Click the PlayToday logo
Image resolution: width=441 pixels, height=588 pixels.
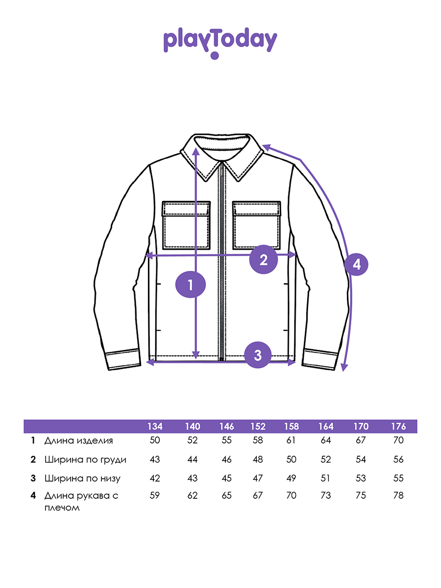(220, 43)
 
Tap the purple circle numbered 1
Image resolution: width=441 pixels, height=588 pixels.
(191, 285)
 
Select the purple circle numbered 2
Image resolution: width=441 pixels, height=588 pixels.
(264, 259)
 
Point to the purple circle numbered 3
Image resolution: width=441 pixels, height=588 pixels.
(258, 355)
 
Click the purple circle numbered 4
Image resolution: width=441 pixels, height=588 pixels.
(356, 265)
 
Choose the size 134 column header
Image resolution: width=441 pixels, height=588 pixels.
(155, 427)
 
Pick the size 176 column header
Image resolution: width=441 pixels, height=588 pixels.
(398, 427)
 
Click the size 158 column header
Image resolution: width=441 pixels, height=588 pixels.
(292, 427)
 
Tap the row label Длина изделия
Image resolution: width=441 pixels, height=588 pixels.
(79, 441)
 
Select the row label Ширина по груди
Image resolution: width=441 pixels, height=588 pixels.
(85, 460)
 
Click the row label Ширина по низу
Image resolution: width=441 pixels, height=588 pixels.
(82, 478)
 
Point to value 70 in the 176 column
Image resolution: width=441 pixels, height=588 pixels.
(398, 440)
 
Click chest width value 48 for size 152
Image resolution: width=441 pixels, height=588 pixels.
(258, 460)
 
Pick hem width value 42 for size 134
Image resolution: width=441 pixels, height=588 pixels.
(155, 478)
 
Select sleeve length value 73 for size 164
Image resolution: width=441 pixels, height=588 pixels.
(326, 495)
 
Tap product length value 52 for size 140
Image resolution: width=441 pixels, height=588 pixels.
(193, 440)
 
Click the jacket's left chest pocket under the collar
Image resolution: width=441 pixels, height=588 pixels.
(186, 225)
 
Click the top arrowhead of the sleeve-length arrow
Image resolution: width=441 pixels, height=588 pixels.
(267, 147)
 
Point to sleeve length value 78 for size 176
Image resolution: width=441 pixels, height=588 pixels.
(398, 495)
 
